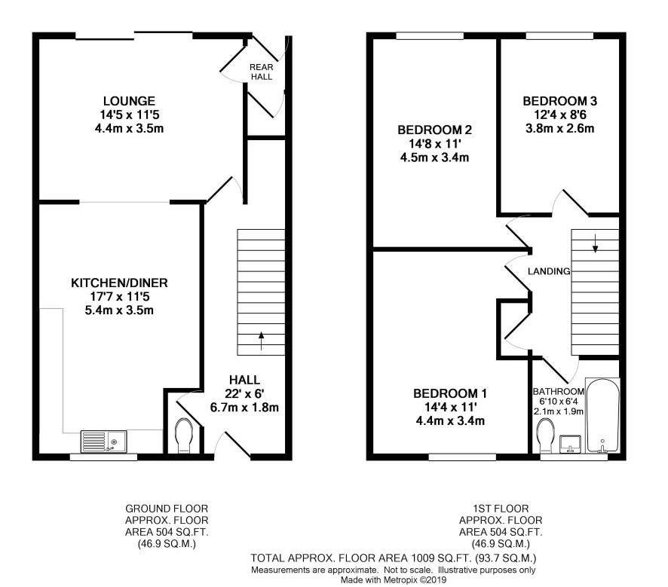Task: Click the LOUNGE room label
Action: click(129, 101)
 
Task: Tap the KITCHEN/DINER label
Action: click(119, 283)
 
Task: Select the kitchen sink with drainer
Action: click(104, 442)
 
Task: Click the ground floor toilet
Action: click(184, 436)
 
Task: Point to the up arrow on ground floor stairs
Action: click(261, 341)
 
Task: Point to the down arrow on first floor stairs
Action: click(595, 244)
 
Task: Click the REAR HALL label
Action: click(261, 72)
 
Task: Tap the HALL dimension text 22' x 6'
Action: click(244, 394)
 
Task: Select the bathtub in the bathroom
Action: click(602, 415)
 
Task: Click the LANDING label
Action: click(549, 271)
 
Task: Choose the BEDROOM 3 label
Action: click(559, 101)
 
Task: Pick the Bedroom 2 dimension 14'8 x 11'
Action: click(434, 143)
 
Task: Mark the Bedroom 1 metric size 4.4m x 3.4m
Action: click(450, 421)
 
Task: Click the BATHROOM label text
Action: click(559, 392)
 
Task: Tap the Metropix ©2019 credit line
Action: click(394, 579)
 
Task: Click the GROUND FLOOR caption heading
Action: click(167, 509)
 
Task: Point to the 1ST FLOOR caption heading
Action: click(501, 509)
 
